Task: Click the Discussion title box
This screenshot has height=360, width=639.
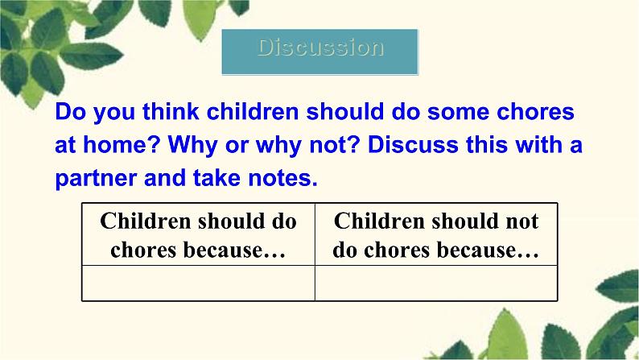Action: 320,52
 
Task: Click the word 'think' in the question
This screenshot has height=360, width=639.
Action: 171,111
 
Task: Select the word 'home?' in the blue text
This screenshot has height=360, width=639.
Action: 121,144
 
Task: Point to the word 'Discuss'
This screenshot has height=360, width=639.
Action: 413,144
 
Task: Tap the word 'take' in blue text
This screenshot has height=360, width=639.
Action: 216,178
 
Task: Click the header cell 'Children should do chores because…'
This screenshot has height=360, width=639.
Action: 199,234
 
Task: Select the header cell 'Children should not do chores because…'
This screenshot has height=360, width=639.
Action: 436,234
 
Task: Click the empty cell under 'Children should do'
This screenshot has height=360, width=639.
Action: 199,283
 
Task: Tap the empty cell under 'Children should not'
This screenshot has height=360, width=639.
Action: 436,283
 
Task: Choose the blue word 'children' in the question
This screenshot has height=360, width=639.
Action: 253,111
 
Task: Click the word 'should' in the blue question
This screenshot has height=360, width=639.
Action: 345,111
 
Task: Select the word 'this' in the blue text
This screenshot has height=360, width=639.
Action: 486,144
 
